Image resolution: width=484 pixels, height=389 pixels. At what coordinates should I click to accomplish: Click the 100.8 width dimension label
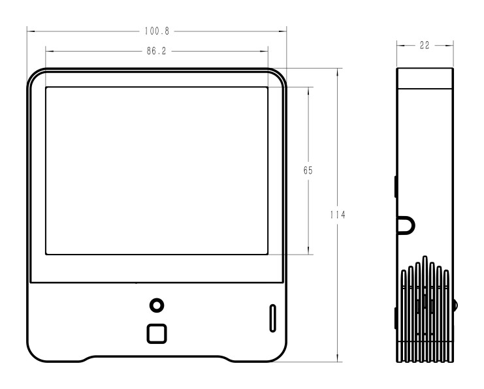[x=157, y=31]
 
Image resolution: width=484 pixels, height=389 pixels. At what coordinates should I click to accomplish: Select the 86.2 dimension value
[x=157, y=51]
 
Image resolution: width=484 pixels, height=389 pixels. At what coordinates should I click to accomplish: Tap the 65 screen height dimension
[x=308, y=170]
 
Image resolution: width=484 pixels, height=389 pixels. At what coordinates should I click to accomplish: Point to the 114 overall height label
[x=338, y=215]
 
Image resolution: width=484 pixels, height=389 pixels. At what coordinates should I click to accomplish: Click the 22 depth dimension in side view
[x=425, y=45]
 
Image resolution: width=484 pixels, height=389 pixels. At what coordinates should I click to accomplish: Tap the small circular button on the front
[x=157, y=305]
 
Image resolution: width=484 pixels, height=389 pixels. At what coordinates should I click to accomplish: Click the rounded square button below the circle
[x=157, y=334]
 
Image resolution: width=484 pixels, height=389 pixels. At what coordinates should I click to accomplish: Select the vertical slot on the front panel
[x=273, y=318]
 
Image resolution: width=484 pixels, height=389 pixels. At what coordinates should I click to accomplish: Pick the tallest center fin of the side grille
[x=425, y=309]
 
